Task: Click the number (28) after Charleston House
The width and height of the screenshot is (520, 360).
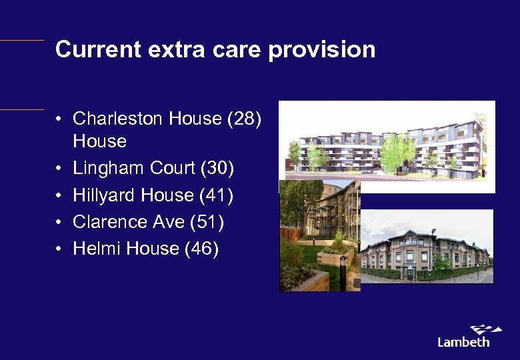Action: (x=244, y=119)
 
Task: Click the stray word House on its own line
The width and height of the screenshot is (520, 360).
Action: (x=99, y=141)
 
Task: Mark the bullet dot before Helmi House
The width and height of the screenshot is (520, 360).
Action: (x=59, y=249)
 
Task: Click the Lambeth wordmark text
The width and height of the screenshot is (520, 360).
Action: (x=463, y=342)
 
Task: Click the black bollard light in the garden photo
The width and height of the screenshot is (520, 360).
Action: (x=343, y=272)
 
